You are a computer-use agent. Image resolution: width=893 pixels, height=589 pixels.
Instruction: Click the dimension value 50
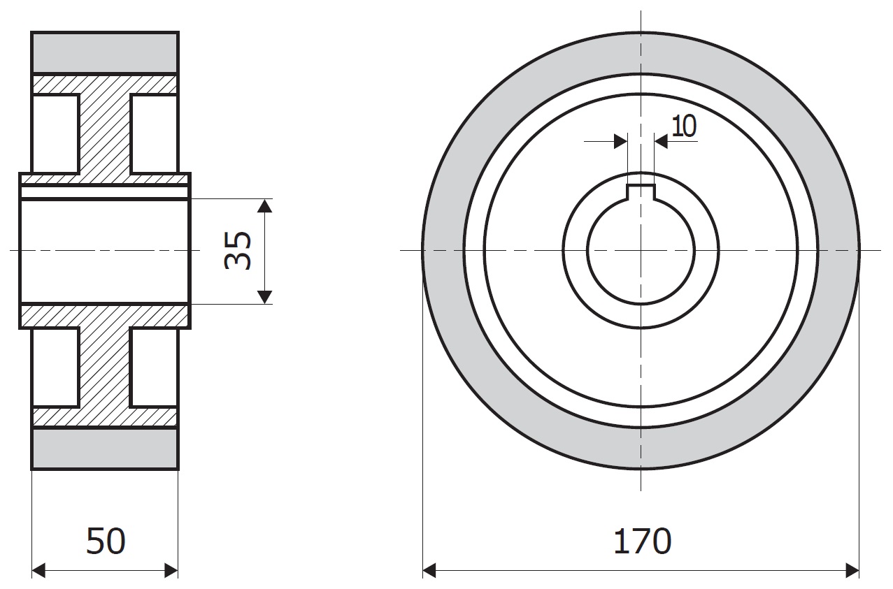[106, 541]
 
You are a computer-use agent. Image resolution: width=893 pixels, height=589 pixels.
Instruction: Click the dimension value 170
[642, 541]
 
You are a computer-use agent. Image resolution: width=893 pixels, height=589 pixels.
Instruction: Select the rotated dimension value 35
[238, 251]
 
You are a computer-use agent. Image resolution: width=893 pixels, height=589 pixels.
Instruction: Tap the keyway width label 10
[684, 126]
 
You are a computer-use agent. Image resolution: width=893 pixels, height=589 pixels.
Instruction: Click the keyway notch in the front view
[641, 192]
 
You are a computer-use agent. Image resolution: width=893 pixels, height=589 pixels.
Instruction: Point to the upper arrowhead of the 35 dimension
[265, 206]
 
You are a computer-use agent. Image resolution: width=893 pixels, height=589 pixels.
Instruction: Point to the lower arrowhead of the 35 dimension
[265, 297]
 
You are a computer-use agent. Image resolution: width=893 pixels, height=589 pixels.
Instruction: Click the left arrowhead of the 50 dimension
[38, 571]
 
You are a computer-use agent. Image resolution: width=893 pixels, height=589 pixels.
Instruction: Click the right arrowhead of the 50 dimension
[171, 571]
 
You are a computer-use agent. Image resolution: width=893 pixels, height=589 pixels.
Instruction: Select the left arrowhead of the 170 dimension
[429, 571]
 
